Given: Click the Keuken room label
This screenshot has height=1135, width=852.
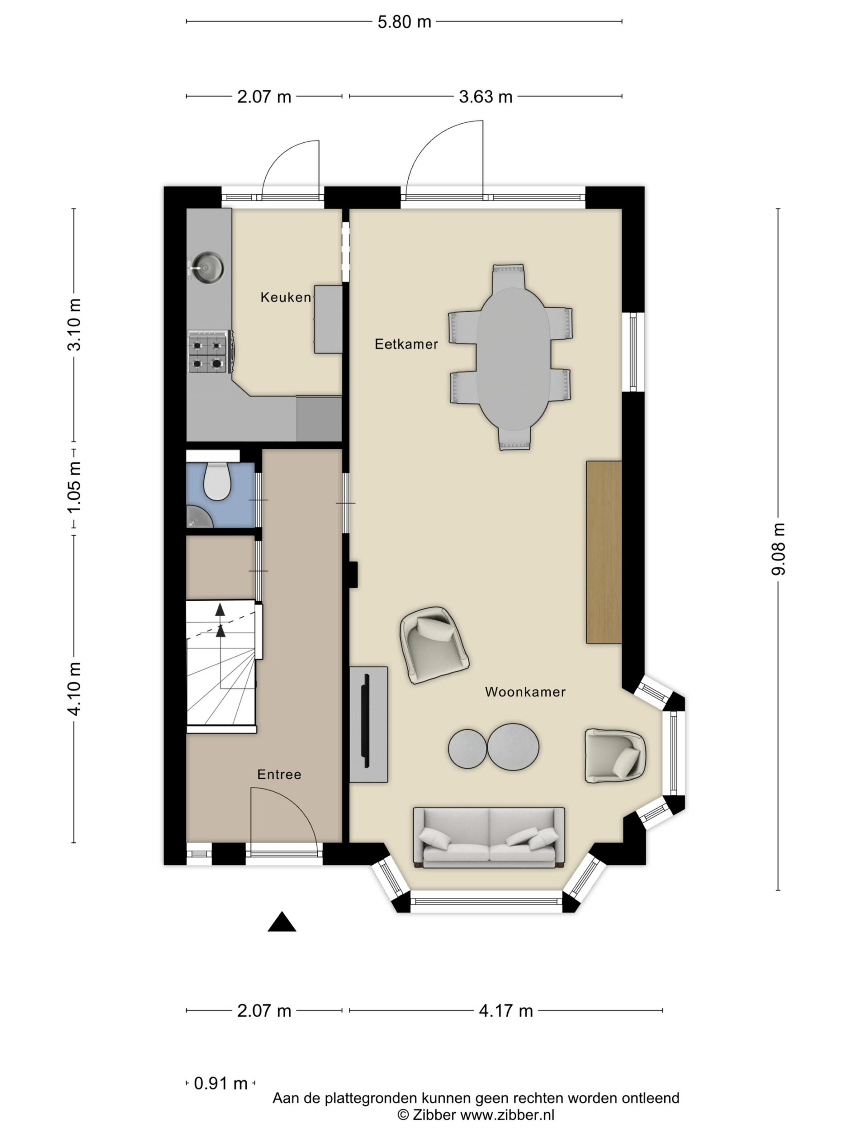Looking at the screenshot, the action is click(285, 297).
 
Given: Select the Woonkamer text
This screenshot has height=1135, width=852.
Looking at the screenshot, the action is click(525, 692).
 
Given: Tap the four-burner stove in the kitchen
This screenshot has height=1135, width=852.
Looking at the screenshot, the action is click(209, 352).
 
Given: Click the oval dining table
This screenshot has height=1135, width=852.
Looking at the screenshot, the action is click(513, 358).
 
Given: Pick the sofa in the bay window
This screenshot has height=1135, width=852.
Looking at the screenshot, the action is click(489, 838).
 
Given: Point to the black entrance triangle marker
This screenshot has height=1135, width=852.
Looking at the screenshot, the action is click(281, 922).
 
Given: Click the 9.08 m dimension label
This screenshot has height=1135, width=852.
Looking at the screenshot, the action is click(778, 548).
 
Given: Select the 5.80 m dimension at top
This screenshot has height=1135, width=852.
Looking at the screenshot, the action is click(404, 22).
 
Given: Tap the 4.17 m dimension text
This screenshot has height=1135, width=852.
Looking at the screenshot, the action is click(505, 1011).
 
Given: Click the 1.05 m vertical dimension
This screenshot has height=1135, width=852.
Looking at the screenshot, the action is click(75, 486).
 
